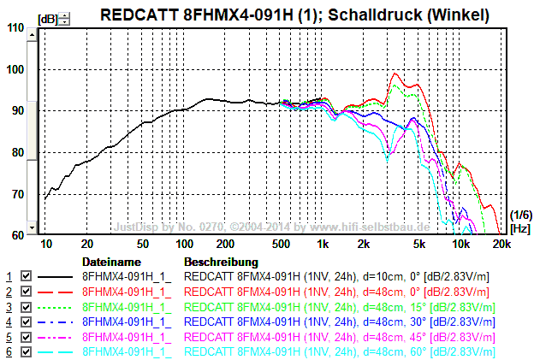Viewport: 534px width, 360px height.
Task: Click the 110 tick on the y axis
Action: point(15,27)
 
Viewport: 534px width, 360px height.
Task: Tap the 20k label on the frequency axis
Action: point(501,245)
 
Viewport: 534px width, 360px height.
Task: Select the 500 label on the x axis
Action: point(280,245)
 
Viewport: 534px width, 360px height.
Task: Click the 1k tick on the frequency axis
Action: point(323,245)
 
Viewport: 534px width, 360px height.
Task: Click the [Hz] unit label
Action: point(519,229)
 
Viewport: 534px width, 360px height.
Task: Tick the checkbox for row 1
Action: point(26,277)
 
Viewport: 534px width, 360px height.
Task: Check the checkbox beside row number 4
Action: point(26,322)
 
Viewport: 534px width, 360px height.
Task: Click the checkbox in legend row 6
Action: point(26,351)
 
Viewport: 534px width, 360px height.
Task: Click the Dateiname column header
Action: point(110,261)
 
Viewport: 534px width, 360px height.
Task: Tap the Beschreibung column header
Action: point(221,261)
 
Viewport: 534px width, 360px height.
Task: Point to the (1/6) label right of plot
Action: point(519,214)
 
